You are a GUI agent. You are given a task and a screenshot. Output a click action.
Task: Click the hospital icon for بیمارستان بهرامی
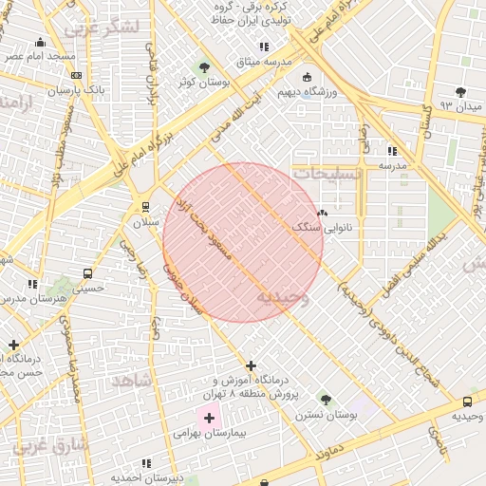tap(208, 416)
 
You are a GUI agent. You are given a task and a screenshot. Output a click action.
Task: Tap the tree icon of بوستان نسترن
tap(326, 400)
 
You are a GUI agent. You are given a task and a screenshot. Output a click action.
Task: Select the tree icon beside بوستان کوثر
tap(204, 66)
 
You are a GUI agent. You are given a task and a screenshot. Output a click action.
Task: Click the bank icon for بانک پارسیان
tap(76, 76)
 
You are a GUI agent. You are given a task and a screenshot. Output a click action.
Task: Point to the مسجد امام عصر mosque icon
tap(40, 42)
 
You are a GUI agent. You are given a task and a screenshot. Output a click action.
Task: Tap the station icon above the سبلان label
tap(145, 206)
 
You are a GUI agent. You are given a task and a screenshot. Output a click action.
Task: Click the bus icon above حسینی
tap(87, 274)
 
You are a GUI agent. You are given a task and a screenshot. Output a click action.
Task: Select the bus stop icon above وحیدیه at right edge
tap(467, 402)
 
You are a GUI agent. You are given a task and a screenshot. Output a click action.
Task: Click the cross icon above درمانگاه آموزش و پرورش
tap(251, 365)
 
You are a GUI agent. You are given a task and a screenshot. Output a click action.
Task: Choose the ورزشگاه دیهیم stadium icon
tap(306, 78)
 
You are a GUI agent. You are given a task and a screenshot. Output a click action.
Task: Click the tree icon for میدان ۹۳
tap(460, 92)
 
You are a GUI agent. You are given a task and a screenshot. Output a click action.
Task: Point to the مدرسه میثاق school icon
tap(264, 47)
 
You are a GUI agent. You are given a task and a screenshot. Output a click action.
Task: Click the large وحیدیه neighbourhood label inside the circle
tap(283, 297)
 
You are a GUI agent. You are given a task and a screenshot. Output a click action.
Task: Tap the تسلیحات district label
tap(327, 176)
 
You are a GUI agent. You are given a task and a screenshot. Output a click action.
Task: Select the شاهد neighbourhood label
tap(132, 380)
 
